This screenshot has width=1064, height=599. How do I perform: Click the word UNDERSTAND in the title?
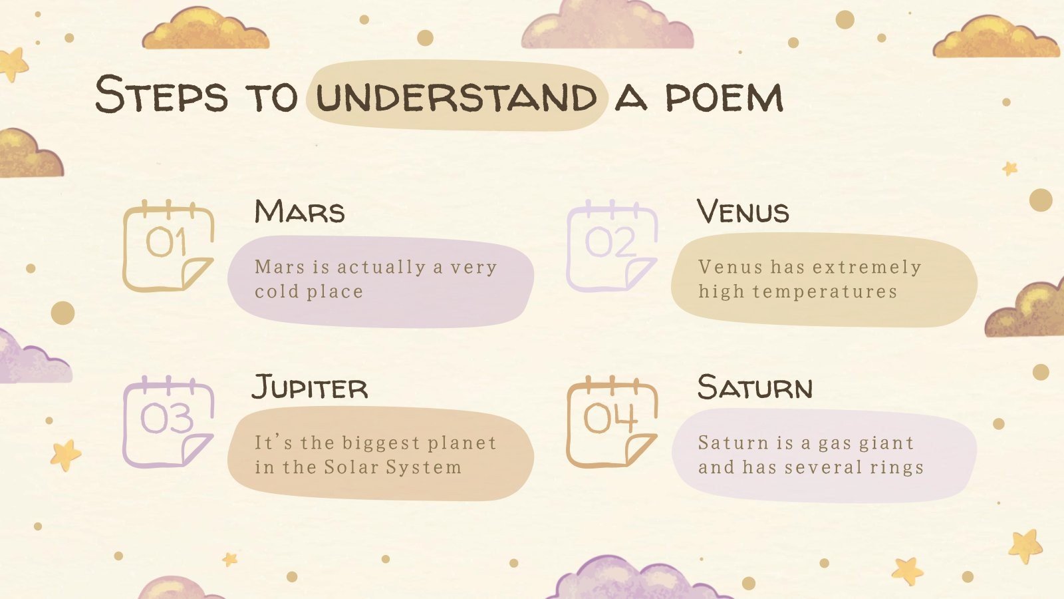[456, 97]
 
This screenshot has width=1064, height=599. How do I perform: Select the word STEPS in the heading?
[161, 95]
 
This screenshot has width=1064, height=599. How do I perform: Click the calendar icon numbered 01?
[168, 246]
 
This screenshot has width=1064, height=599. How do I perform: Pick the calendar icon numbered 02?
[611, 246]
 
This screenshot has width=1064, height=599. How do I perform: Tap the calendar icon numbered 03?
[168, 421]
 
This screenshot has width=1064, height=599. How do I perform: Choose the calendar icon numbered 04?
[611, 421]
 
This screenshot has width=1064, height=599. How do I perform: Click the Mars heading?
[300, 212]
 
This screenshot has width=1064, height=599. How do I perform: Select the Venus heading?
[743, 212]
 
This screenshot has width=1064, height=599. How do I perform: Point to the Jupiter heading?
[310, 387]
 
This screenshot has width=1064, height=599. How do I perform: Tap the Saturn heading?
[755, 387]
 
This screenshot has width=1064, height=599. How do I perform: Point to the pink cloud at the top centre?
[606, 27]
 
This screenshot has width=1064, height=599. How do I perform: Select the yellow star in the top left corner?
[13, 64]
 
